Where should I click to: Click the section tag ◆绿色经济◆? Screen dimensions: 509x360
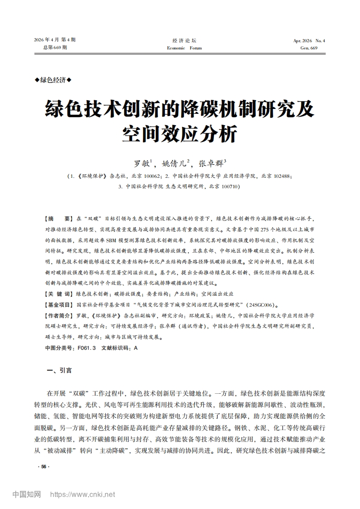53,80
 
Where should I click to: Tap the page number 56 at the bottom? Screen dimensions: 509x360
44,467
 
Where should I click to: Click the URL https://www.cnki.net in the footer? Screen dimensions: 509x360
82,494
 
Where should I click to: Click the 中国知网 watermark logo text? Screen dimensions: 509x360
26,494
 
